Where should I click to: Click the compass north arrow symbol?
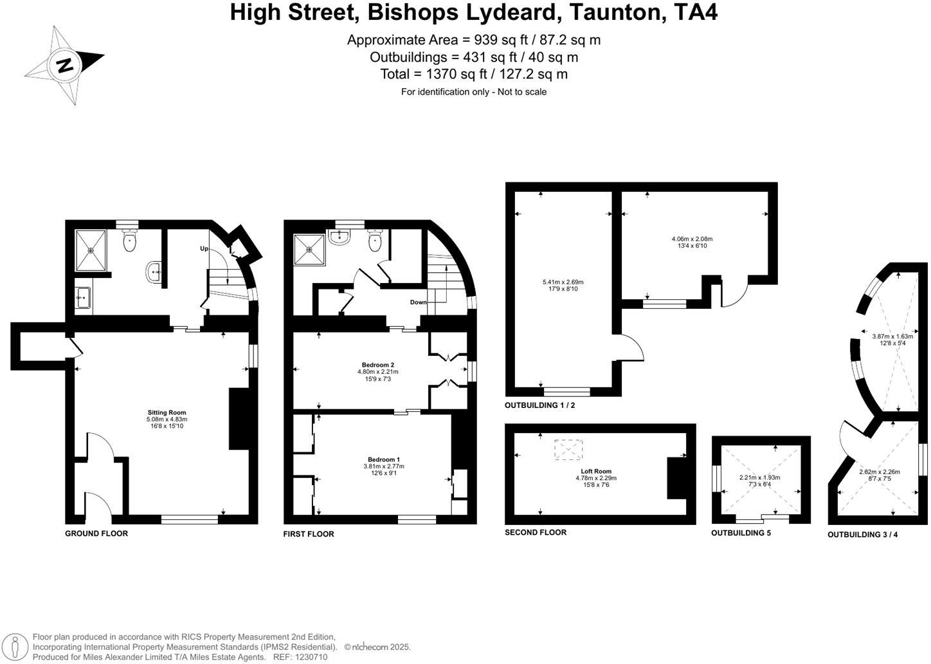(x=64, y=65)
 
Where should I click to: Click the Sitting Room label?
(x=167, y=412)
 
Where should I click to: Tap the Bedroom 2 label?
(x=377, y=365)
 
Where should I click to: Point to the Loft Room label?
(x=596, y=471)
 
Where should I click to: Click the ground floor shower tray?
(x=91, y=250)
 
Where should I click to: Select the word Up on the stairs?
(x=204, y=248)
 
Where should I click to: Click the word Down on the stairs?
(x=418, y=302)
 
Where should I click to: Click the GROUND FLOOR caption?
(x=96, y=533)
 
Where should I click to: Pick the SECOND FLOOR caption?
(x=536, y=532)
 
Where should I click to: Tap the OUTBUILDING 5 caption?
(x=741, y=533)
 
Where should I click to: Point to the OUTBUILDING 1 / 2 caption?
(x=539, y=405)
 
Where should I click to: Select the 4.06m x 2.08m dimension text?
(x=692, y=239)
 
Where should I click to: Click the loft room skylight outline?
(x=569, y=450)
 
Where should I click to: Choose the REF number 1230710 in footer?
(x=311, y=657)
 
